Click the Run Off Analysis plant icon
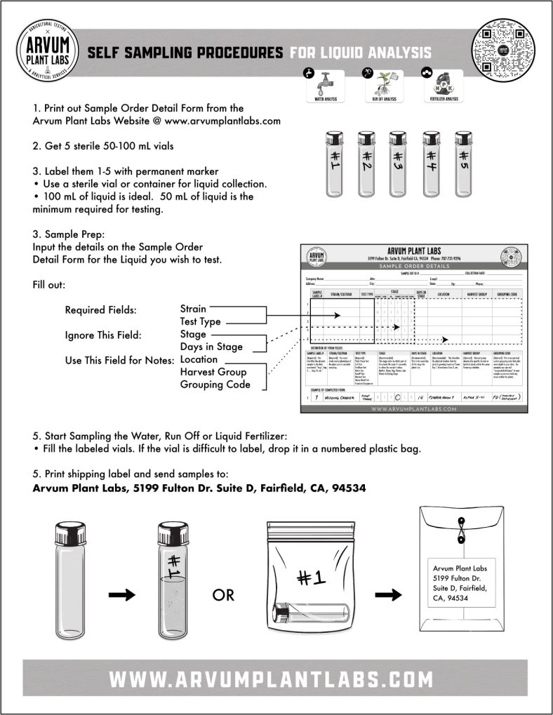point(381,83)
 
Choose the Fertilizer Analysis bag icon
point(442,83)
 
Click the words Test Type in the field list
point(200,321)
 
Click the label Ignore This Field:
point(103,335)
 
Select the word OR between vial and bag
point(223,595)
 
